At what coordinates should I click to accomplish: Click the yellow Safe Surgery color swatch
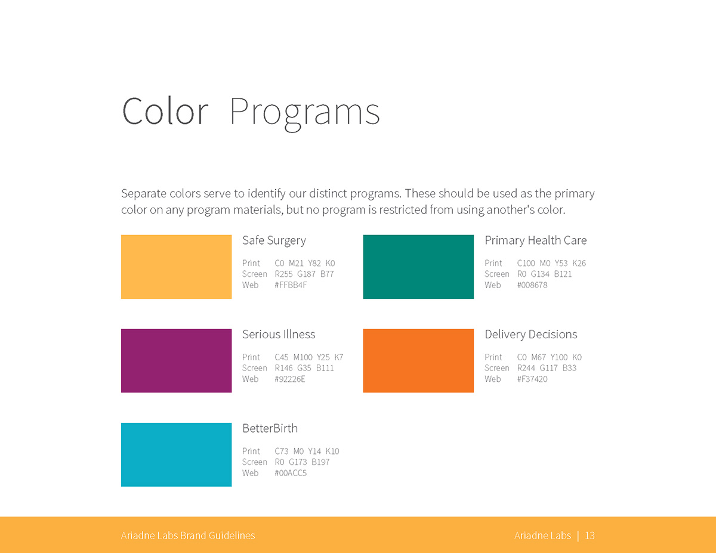click(x=176, y=267)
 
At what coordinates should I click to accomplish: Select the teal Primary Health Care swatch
click(x=418, y=267)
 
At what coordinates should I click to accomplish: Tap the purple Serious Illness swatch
click(x=176, y=360)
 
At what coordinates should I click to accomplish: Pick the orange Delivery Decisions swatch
click(x=418, y=360)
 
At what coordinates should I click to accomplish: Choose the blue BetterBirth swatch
click(x=176, y=455)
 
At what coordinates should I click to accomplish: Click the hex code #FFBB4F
click(x=291, y=285)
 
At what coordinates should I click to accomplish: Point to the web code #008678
click(x=532, y=285)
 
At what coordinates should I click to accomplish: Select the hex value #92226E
click(x=290, y=379)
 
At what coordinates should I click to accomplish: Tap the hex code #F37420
click(x=532, y=379)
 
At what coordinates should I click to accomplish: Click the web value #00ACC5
click(x=291, y=473)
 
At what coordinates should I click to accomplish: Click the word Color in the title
click(x=165, y=111)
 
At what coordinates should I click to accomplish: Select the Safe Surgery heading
click(x=274, y=240)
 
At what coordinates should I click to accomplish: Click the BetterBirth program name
click(x=270, y=428)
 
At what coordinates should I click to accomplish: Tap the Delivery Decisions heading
click(x=531, y=334)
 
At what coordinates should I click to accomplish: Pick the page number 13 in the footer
click(x=590, y=536)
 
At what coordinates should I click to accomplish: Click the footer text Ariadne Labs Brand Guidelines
click(x=188, y=536)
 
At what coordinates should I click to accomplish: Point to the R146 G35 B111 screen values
click(x=304, y=368)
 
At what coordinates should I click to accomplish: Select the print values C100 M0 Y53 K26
click(x=551, y=263)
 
